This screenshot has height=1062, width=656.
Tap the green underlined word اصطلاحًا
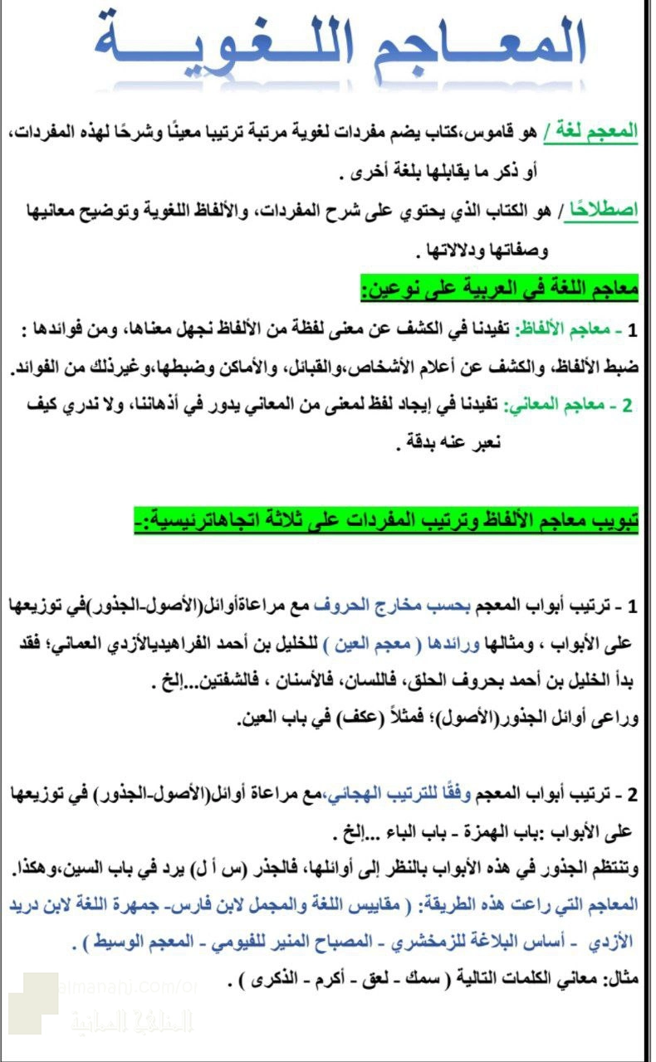[602, 212]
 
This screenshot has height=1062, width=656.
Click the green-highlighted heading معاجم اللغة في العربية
[499, 290]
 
